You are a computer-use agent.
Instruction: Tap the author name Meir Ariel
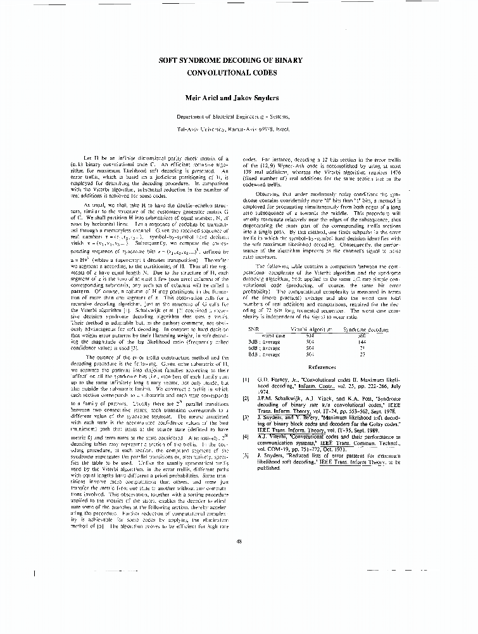point(210,98)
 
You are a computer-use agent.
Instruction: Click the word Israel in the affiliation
point(282,128)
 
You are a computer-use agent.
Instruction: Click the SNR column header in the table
point(254,330)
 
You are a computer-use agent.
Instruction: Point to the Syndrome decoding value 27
point(363,355)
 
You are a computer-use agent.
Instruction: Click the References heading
point(322,367)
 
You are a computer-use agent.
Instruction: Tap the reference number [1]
point(246,379)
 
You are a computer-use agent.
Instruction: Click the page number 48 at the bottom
point(239,540)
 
